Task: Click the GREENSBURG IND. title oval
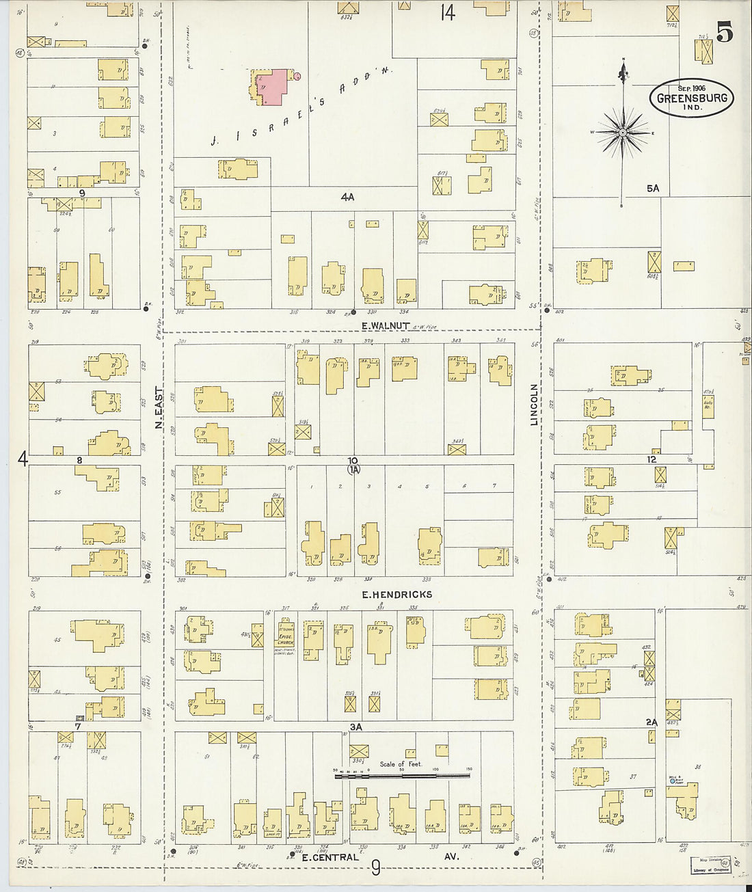click(691, 98)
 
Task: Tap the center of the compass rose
click(623, 131)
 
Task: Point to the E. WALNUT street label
click(385, 326)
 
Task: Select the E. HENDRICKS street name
click(397, 595)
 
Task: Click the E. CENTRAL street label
click(330, 857)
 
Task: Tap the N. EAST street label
click(159, 408)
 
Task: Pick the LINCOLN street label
click(535, 404)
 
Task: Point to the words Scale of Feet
click(401, 764)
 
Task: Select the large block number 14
click(447, 13)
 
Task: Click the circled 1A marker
click(353, 470)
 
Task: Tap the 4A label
click(347, 197)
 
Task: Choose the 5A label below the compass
click(652, 188)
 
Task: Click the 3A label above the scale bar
click(355, 727)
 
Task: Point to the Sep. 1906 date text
click(691, 88)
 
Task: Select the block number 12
click(652, 460)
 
